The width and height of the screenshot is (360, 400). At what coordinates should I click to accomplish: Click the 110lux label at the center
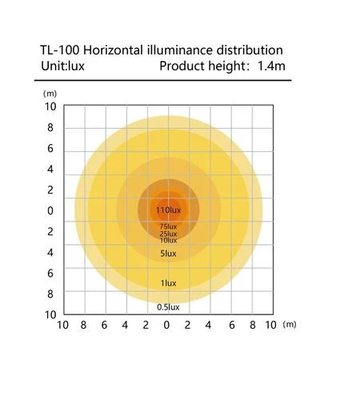(x=168, y=210)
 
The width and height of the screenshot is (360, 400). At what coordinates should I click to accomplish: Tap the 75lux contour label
(x=168, y=226)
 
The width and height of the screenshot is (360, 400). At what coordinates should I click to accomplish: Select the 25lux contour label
(x=168, y=234)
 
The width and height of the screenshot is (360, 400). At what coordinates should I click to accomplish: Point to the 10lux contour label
(x=168, y=240)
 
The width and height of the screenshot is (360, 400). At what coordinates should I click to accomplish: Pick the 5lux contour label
(x=168, y=254)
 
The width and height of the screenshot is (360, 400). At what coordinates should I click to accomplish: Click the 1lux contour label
(x=168, y=283)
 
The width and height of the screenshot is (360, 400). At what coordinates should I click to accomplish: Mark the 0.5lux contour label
(x=168, y=307)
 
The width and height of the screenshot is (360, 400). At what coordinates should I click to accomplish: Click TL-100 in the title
(x=60, y=50)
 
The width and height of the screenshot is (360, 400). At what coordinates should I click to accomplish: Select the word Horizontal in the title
(x=113, y=50)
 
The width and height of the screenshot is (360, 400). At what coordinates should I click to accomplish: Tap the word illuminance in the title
(x=180, y=50)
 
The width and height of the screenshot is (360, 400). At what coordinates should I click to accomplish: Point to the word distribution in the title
(x=250, y=50)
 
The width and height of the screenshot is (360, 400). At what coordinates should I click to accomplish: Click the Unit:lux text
(x=62, y=66)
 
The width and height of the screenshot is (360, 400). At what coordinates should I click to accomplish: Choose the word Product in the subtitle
(x=182, y=66)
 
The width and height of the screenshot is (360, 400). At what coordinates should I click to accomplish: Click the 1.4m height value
(x=271, y=66)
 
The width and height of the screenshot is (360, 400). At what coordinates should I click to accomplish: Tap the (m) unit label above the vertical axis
(x=50, y=94)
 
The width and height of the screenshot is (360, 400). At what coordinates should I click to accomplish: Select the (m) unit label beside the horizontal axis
(x=290, y=325)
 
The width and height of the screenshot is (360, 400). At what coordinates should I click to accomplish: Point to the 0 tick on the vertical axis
(x=50, y=210)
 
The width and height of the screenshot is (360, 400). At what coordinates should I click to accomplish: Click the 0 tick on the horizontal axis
(x=166, y=325)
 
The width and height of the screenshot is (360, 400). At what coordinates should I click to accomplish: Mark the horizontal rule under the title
(x=163, y=80)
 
